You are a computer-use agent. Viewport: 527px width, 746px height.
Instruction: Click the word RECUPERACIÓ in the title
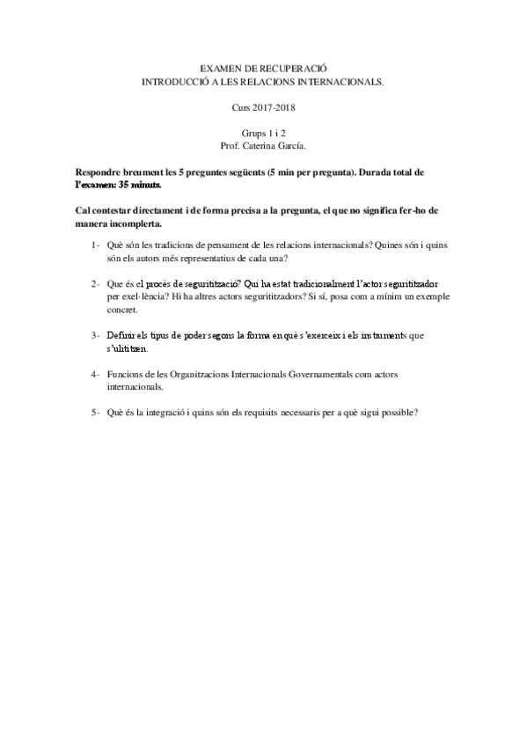294,67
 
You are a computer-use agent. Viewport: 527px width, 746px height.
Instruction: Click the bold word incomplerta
135,223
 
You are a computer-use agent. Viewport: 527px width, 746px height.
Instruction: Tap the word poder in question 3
193,335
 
